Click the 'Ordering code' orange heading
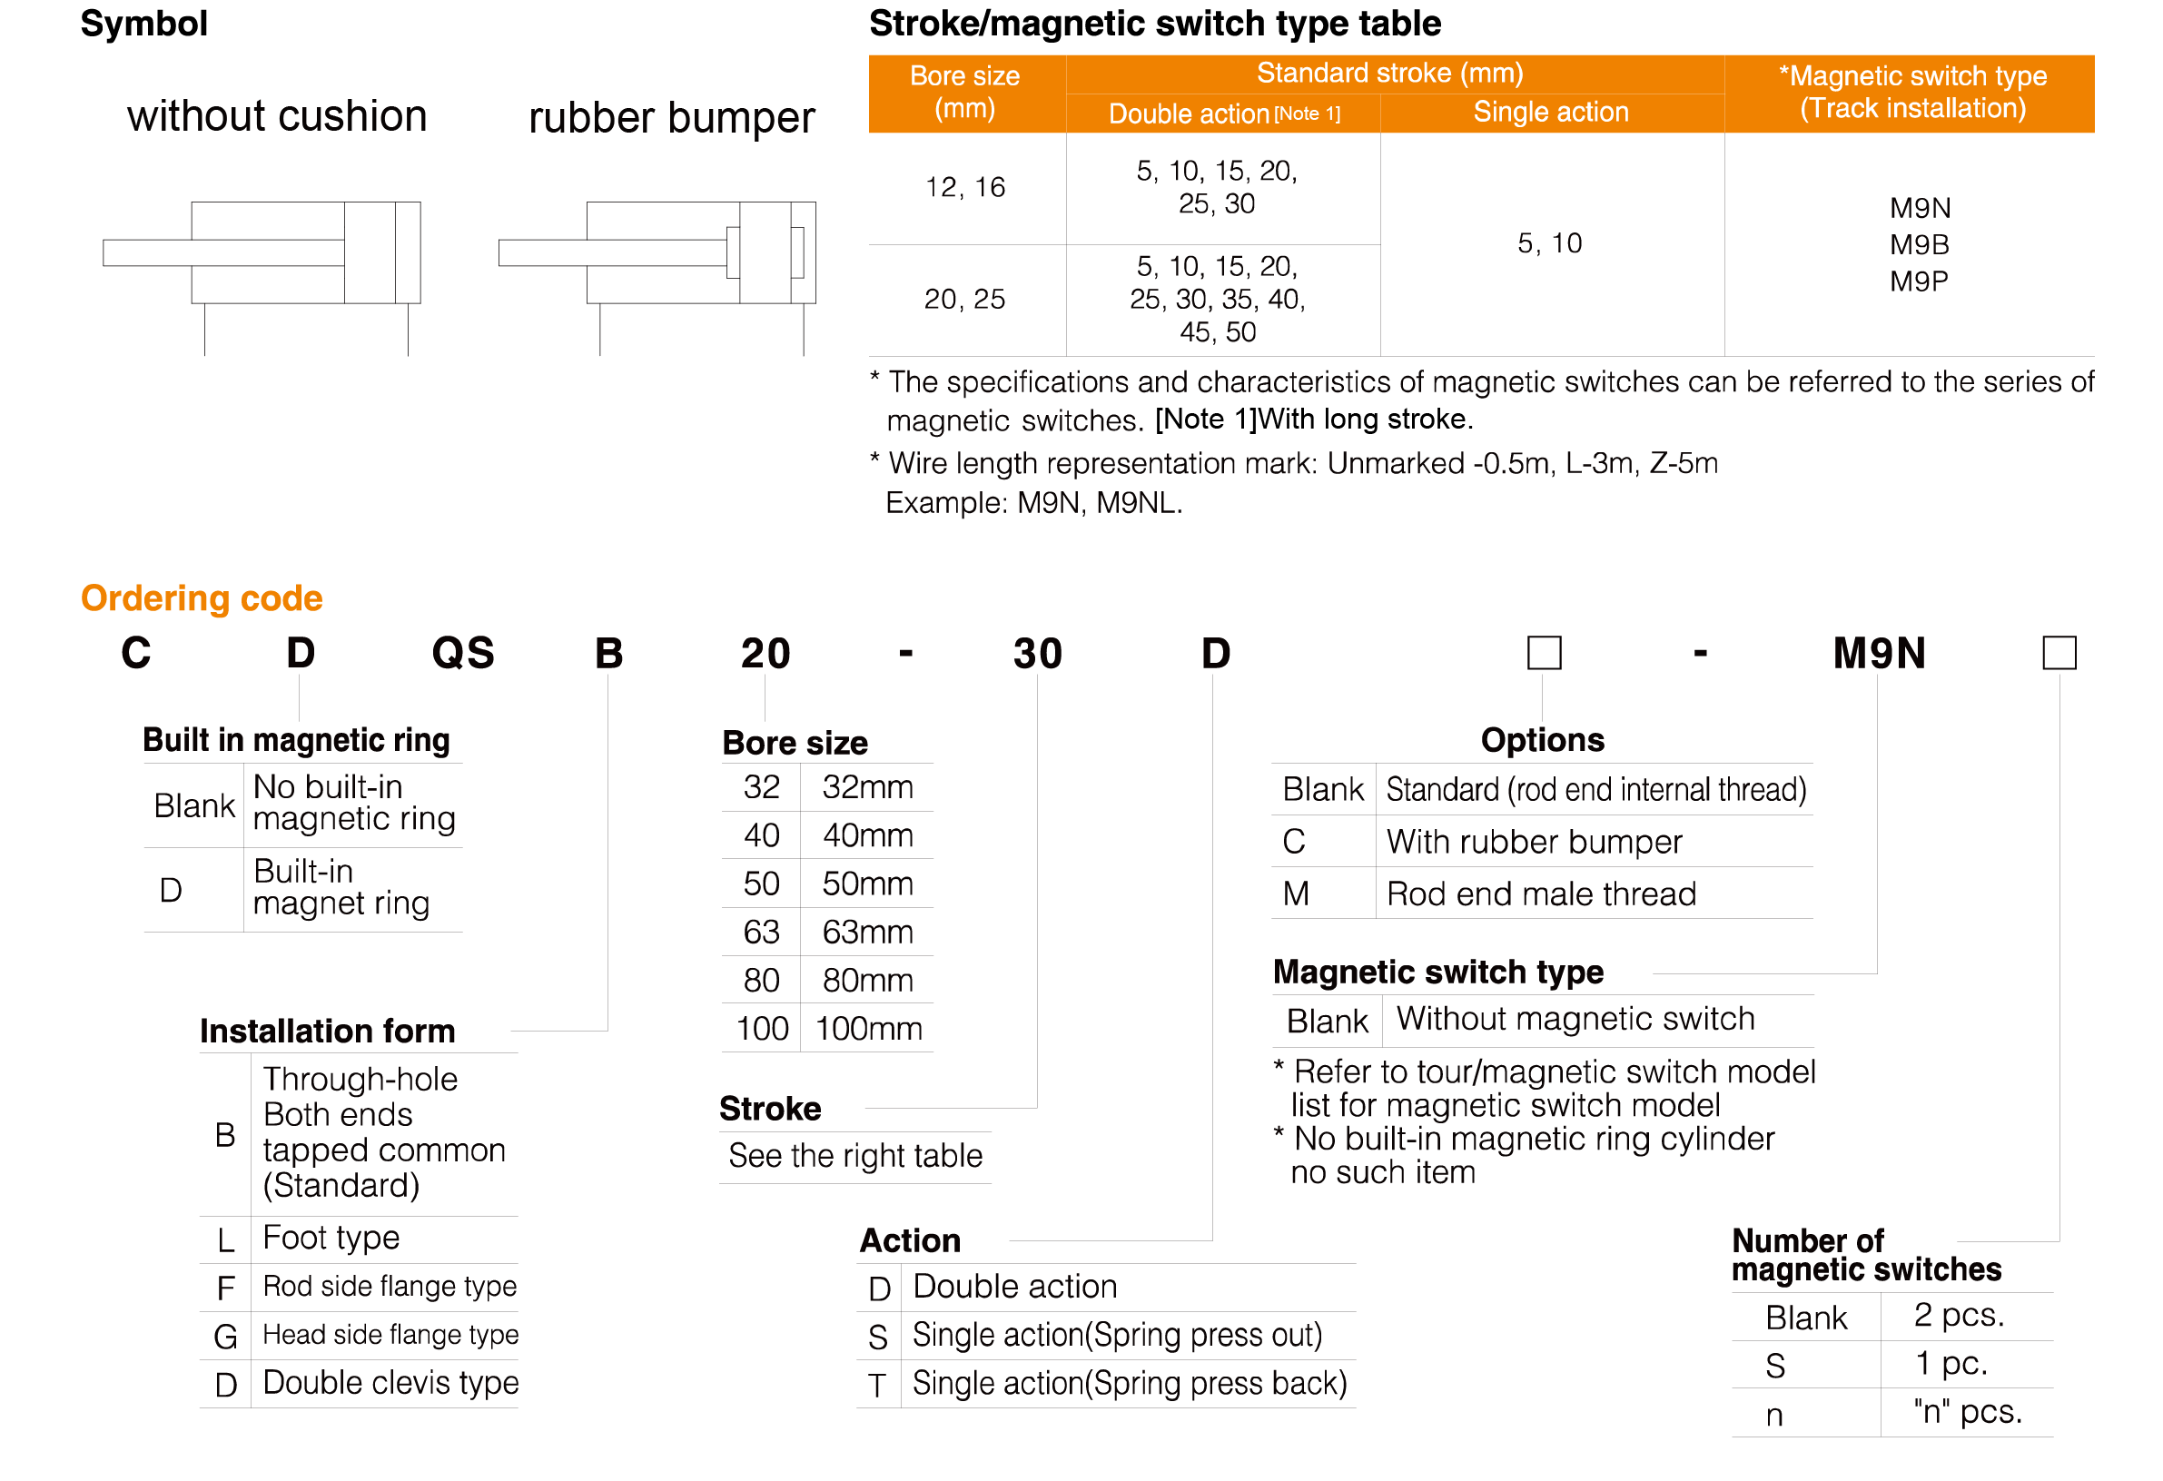201,597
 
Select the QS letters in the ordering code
462,653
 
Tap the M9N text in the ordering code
1878,653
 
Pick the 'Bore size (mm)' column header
964,92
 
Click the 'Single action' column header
1551,112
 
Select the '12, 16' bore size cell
964,187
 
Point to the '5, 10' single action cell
1549,243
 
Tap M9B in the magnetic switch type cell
1918,245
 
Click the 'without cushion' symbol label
276,116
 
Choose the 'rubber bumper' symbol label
671,118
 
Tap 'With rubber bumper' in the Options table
1534,842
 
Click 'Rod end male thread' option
1540,894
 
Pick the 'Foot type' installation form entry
331,1238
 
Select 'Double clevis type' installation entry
390,1382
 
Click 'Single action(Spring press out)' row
1116,1335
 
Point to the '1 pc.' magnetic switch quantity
1951,1364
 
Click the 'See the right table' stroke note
854,1155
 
